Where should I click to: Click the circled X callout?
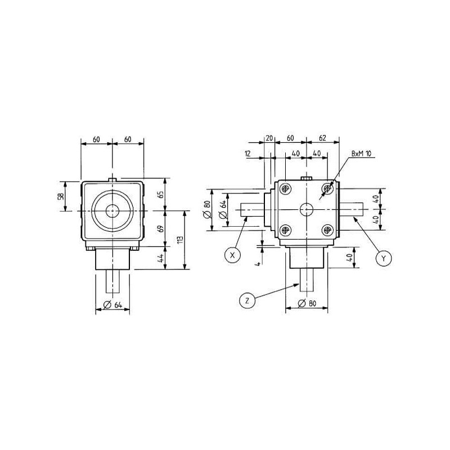point(233,255)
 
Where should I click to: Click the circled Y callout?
point(384,258)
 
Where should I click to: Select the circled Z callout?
point(247,300)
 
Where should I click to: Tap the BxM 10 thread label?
point(361,154)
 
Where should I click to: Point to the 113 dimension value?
point(180,240)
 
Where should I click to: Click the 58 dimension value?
point(61,196)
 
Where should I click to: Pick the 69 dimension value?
point(161,228)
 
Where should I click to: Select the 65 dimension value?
point(161,194)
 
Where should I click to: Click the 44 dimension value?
point(161,258)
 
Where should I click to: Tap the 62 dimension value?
point(322,138)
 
